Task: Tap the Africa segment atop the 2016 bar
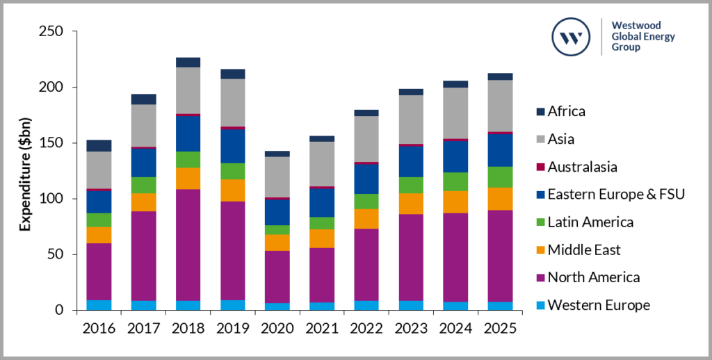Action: click(x=99, y=145)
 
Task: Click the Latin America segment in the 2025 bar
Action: click(x=501, y=177)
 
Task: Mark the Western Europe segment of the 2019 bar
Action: click(x=232, y=304)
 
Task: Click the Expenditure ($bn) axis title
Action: click(x=25, y=171)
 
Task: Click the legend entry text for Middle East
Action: click(x=584, y=250)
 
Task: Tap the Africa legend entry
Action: click(x=566, y=111)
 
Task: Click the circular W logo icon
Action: click(x=572, y=37)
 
